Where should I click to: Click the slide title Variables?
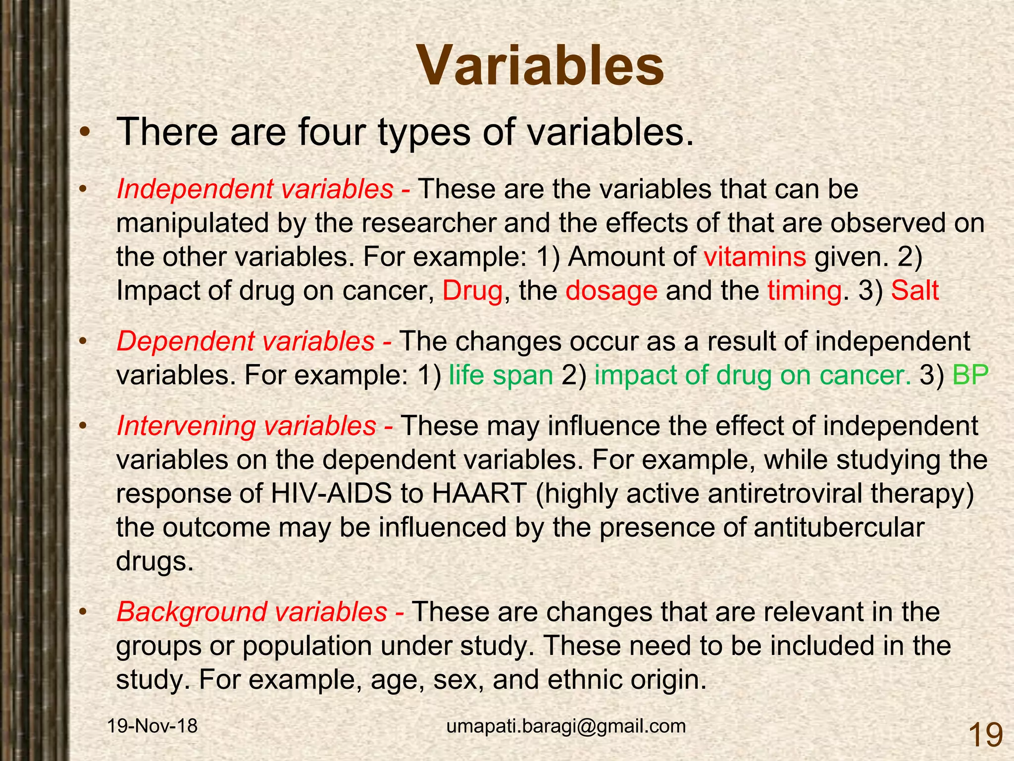tap(541, 66)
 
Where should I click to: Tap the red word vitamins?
tap(755, 257)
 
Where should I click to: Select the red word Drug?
tap(472, 290)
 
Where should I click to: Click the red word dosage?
tap(611, 291)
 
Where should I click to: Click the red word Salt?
tap(914, 290)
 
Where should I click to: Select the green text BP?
tap(970, 376)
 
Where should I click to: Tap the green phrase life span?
tap(501, 376)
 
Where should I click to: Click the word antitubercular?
tap(839, 527)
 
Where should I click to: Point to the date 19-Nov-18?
tap(152, 726)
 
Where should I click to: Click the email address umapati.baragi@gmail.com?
tap(566, 726)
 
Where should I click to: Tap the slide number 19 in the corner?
tap(985, 735)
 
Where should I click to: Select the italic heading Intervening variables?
tap(246, 426)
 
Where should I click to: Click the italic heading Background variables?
tap(252, 612)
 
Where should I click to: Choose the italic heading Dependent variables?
tap(246, 341)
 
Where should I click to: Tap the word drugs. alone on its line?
tap(154, 561)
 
